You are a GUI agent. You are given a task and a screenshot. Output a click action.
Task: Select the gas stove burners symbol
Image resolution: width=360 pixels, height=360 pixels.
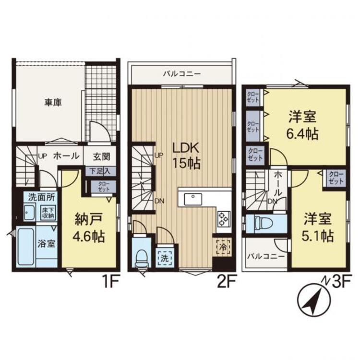pyautogui.click(x=224, y=218)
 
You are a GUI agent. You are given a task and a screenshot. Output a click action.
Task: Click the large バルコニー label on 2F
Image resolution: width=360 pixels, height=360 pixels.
pyautogui.click(x=181, y=74)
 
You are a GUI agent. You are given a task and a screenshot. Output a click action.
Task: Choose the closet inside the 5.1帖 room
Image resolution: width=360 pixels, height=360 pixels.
pyautogui.click(x=336, y=178)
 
